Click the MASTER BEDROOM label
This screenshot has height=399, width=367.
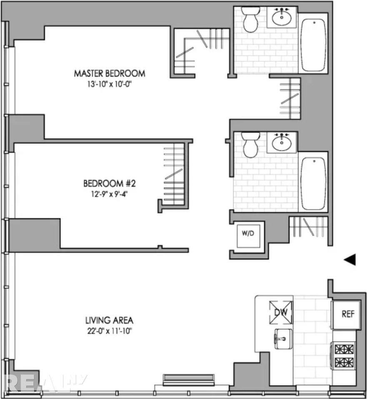[x=110, y=74]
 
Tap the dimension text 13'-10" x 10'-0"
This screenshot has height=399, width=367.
[x=110, y=83]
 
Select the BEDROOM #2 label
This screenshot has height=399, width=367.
[x=105, y=183]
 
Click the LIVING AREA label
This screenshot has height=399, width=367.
[x=109, y=320]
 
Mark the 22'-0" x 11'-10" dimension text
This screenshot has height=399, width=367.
[x=109, y=331]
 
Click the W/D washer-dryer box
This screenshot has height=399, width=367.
[x=246, y=234]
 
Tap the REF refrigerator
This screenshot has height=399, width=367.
[x=348, y=314]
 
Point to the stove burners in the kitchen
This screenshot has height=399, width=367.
[x=344, y=355]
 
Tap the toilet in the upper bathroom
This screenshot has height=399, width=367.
[x=250, y=20]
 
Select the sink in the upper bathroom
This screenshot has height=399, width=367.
[x=282, y=17]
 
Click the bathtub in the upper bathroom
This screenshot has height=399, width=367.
[x=313, y=45]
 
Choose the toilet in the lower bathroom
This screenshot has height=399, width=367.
[x=250, y=145]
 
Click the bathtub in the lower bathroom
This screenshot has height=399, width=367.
[x=313, y=183]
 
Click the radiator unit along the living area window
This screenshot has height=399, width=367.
[x=189, y=379]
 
